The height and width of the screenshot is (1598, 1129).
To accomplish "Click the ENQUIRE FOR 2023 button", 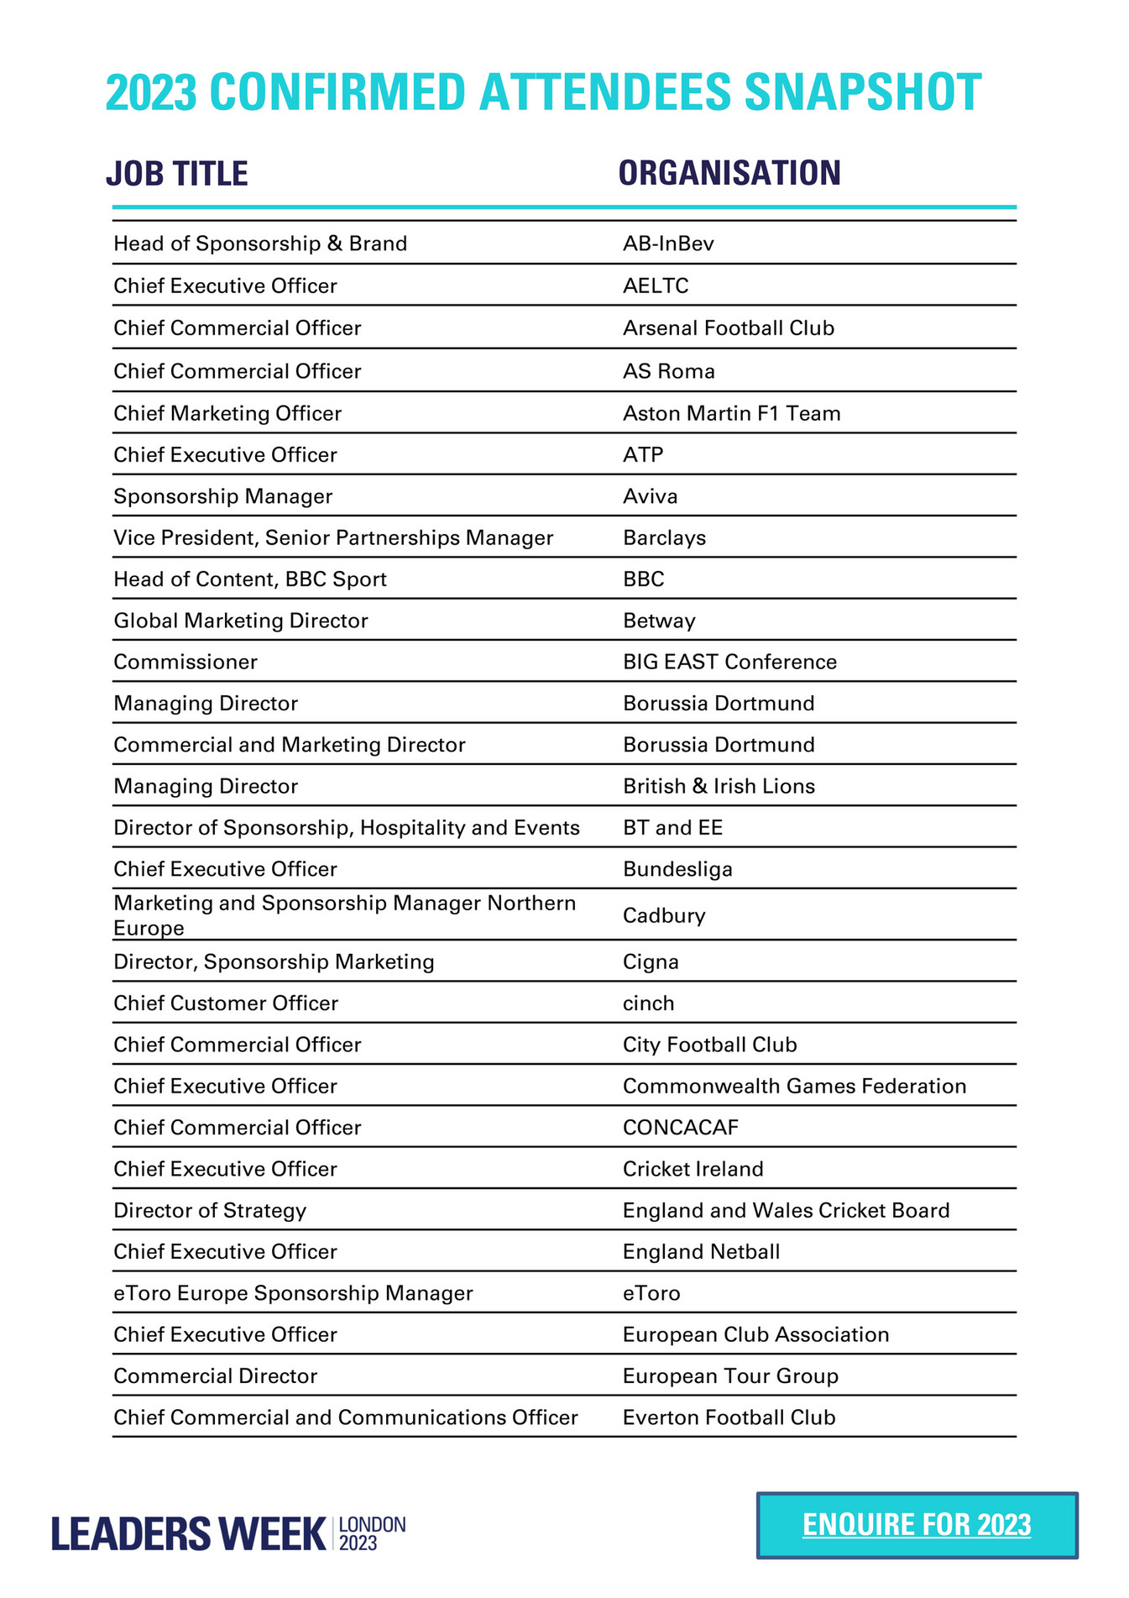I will [x=917, y=1525].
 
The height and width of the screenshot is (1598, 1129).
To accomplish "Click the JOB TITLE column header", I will [x=177, y=174].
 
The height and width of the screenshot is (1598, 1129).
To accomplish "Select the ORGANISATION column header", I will [x=729, y=173].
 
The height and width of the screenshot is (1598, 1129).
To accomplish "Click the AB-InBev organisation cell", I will [x=668, y=244].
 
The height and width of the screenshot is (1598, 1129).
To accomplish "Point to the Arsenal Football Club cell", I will [x=728, y=328].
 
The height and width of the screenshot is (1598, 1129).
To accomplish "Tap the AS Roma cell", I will [x=668, y=371].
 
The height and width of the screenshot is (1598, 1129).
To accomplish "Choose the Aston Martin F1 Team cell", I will [x=731, y=413].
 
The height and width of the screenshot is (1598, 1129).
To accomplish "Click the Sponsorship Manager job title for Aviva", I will [x=223, y=496].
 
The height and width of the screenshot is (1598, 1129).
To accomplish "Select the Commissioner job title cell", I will [x=186, y=662].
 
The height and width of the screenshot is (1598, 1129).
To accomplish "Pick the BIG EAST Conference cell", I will [x=729, y=662].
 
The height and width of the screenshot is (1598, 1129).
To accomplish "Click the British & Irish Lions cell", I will [x=719, y=786].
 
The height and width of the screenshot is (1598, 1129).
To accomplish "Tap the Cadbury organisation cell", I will [x=664, y=915].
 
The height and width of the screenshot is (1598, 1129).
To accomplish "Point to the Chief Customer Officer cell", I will [x=226, y=1003].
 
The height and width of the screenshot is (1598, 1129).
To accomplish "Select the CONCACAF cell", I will [x=681, y=1127].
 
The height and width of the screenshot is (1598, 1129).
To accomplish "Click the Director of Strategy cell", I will [x=210, y=1210].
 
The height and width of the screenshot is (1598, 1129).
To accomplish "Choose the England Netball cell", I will [x=701, y=1252].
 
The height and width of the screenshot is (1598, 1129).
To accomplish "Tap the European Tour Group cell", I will [x=730, y=1376].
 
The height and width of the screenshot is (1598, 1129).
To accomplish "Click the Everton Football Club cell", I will [x=729, y=1417].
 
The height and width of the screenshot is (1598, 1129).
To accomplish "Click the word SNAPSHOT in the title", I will [x=862, y=92].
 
